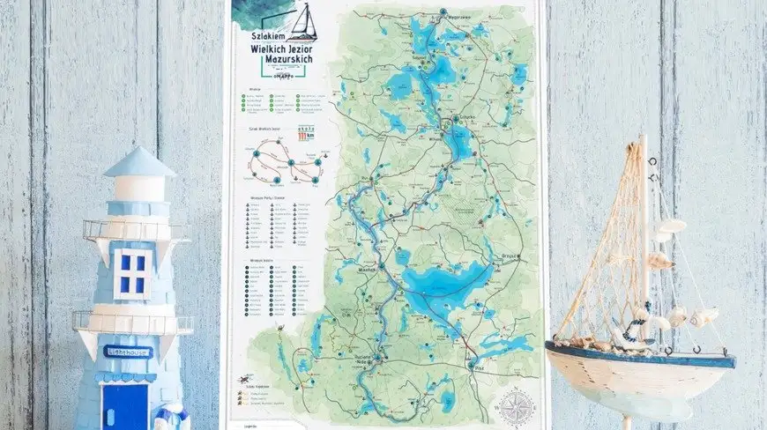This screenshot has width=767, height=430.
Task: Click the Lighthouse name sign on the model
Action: [x=129, y=352]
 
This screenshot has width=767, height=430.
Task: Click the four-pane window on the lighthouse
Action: [x=131, y=273]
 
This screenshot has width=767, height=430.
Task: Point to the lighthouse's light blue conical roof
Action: [x=139, y=163]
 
